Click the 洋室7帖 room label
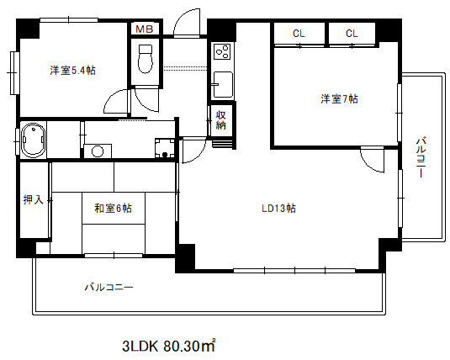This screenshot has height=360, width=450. pos(338,99)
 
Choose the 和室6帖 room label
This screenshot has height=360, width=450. pos(112,206)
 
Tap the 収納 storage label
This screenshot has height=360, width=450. pos(222,120)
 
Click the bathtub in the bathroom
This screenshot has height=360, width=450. pos(33,140)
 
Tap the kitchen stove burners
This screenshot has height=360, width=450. pos(223,52)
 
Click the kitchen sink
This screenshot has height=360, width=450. pos(222,84)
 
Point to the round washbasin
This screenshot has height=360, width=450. pos(98,151)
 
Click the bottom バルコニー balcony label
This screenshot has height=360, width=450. pos(108,288)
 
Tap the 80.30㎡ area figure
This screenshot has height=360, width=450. pos(189,345)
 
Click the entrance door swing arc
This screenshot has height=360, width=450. pos(187,21)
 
